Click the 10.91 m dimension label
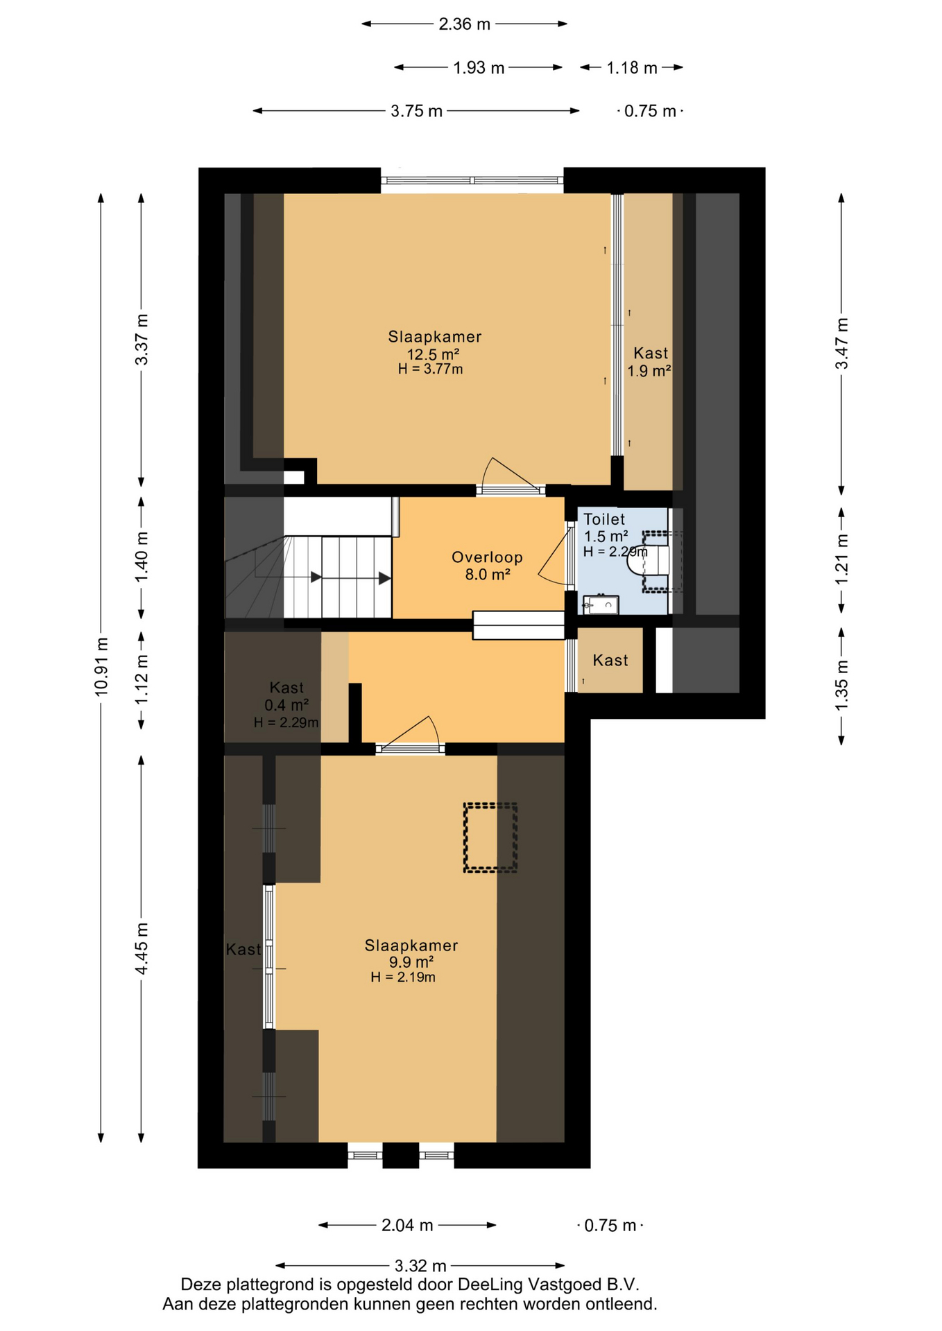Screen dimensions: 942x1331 point(101,666)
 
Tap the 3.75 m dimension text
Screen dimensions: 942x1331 point(416,111)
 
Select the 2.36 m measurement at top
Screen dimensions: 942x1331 point(464,24)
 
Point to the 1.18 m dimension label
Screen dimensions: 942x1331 point(631,68)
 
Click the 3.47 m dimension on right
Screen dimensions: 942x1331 point(841,344)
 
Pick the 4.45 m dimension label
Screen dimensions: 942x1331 point(142,948)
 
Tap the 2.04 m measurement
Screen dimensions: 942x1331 point(407,1226)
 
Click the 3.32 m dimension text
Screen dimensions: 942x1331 point(420,1267)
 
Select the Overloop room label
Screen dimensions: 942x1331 point(487,557)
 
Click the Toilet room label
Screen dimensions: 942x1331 point(604,519)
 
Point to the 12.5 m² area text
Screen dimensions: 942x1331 point(433,354)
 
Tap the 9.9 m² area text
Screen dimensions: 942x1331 point(411,962)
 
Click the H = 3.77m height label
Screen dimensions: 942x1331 point(430,369)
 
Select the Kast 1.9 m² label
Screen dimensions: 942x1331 point(649,362)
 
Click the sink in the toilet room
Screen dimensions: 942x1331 point(601,604)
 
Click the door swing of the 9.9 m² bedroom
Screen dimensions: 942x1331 point(409,731)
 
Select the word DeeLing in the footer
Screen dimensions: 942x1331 point(490,1285)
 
